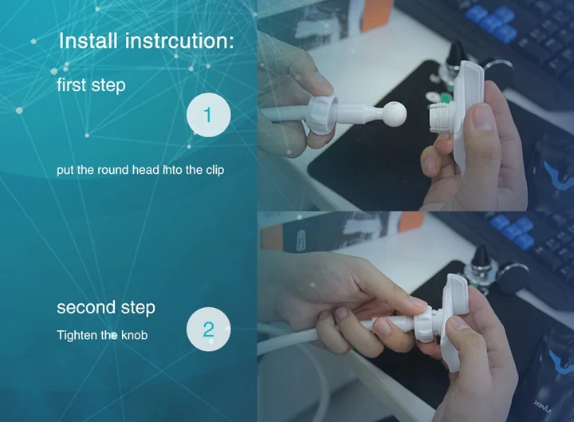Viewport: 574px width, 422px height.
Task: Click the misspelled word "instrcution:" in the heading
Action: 179,41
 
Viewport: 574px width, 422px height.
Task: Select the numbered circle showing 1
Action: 208,115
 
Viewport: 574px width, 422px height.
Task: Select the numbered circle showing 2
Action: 208,329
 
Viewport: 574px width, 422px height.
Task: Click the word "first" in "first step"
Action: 72,85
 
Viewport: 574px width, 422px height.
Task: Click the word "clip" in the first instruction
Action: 215,171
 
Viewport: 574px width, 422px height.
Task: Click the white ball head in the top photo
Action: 395,114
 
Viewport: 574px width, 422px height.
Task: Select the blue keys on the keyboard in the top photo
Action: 491,21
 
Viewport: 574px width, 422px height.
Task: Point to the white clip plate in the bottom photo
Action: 454,319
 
